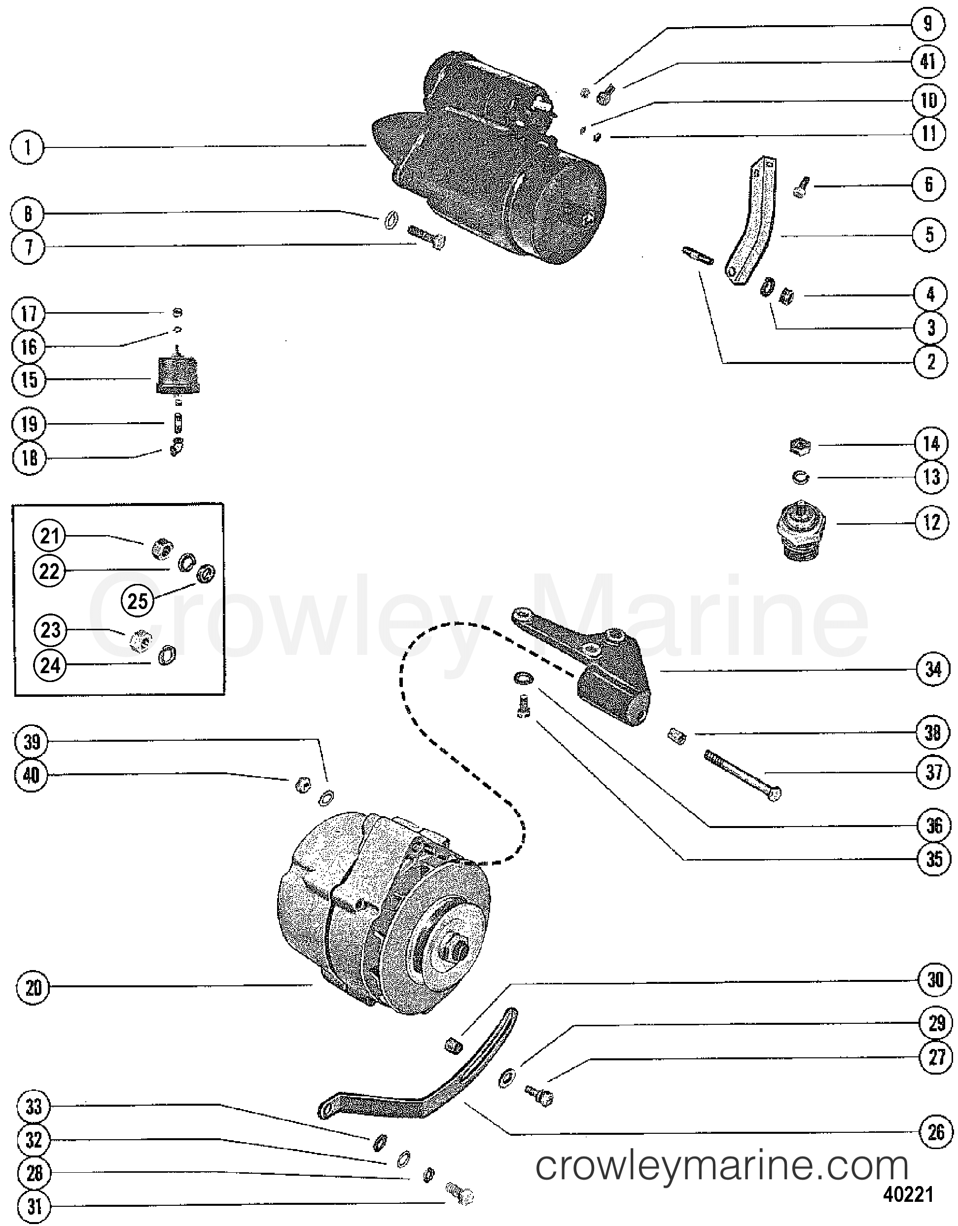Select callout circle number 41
928,61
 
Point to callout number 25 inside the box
138,601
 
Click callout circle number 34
933,669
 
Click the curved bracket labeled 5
755,224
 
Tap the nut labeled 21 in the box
163,548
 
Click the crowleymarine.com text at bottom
721,1166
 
